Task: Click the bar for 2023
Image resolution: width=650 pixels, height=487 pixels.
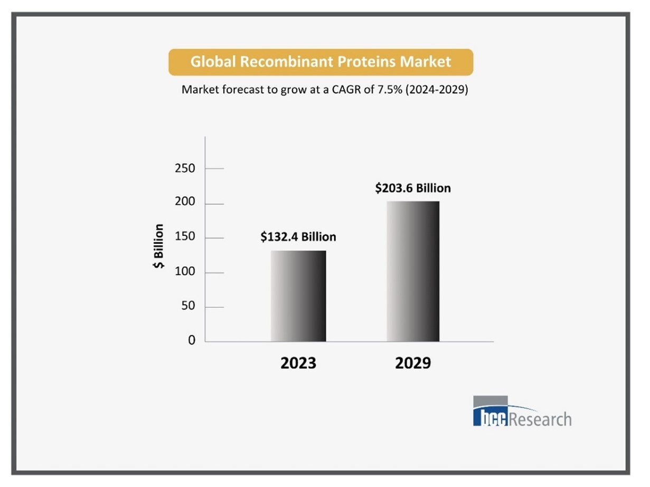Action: click(x=298, y=296)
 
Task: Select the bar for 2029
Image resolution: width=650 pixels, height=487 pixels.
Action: click(x=413, y=271)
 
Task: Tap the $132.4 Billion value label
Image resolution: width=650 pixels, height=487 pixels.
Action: click(x=298, y=237)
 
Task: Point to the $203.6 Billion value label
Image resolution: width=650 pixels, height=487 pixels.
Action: click(x=413, y=188)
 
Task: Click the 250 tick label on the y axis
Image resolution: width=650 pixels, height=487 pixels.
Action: click(x=185, y=169)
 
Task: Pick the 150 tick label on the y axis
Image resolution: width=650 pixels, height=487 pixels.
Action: click(x=185, y=238)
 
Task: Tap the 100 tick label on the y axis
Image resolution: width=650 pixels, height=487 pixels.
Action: click(x=185, y=273)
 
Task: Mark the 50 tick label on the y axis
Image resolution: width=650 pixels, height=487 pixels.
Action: click(x=189, y=307)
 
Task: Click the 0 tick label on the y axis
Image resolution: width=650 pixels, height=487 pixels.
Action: click(x=192, y=341)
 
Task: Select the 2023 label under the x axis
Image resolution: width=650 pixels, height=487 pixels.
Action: click(x=298, y=364)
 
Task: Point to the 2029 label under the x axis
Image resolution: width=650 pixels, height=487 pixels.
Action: click(x=413, y=364)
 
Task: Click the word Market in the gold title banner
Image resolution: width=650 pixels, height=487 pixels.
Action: click(x=425, y=62)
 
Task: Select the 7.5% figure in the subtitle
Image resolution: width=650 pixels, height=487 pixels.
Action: click(x=391, y=90)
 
